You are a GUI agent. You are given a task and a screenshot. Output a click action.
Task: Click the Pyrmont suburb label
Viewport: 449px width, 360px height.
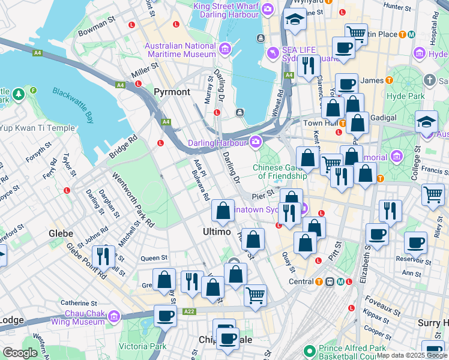(x=172, y=92)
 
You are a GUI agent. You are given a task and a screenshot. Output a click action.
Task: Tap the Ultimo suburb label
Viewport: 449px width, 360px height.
(x=217, y=231)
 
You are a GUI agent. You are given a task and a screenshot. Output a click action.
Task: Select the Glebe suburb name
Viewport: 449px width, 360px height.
(x=61, y=233)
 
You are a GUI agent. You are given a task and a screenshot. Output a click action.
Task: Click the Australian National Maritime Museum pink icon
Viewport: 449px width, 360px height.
(x=225, y=49)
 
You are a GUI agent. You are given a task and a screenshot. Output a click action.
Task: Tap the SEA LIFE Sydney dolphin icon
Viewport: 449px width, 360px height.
(x=274, y=53)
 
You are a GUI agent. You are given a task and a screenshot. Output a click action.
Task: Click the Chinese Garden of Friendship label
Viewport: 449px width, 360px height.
(x=280, y=172)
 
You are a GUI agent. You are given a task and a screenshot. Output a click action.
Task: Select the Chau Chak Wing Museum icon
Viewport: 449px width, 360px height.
(x=113, y=316)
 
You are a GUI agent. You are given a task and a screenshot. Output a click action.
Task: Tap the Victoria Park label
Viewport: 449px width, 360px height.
(x=143, y=346)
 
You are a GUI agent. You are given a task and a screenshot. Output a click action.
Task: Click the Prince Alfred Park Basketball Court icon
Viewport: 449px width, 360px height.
(x=309, y=350)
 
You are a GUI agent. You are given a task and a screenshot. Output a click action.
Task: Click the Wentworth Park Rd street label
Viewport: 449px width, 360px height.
(x=133, y=200)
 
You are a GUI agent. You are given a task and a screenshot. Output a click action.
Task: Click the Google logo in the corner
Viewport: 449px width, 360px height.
(x=20, y=353)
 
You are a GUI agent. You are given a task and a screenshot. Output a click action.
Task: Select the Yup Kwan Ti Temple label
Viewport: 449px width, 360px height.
(x=37, y=128)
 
